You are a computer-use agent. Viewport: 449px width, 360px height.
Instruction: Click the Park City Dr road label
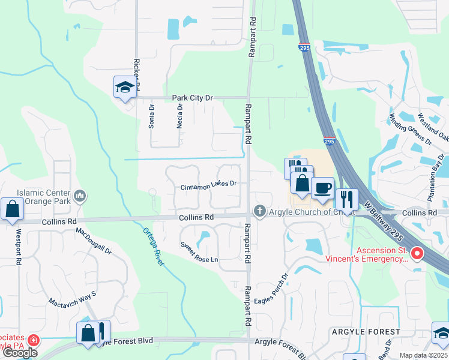[x=193, y=97]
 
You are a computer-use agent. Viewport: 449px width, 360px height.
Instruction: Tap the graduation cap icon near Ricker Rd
[x=125, y=88]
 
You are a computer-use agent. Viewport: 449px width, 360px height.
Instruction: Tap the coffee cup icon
[x=322, y=188]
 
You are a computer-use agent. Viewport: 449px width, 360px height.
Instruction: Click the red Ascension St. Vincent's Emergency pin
[x=416, y=254]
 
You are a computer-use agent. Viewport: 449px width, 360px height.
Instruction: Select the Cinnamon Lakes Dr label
[x=209, y=187]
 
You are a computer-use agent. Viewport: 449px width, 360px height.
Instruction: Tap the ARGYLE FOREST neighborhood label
[x=365, y=332]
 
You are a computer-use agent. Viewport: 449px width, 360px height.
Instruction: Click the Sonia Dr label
[x=152, y=116]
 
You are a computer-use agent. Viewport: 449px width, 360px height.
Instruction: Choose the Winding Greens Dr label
[x=411, y=129]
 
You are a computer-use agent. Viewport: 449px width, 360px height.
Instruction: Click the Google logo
[x=20, y=353]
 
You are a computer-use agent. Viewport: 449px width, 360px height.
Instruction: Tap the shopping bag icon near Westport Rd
[x=12, y=209]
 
